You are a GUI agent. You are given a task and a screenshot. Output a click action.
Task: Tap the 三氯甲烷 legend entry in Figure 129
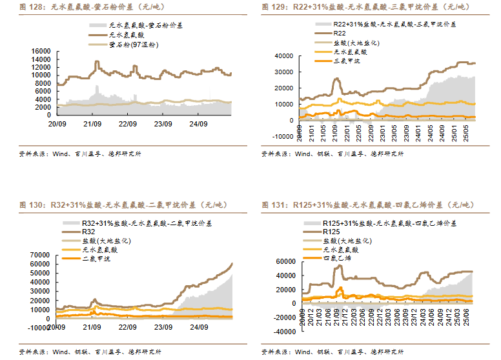pyautogui.click(x=347, y=61)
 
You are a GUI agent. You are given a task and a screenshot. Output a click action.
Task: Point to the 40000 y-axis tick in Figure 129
pyautogui.click(x=284, y=56)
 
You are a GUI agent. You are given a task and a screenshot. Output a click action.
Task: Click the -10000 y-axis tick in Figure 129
pyautogui.click(x=282, y=136)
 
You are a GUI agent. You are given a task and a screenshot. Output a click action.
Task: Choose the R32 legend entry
pyautogui.click(x=88, y=232)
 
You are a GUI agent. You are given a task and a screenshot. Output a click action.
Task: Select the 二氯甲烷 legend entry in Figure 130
pyautogui.click(x=96, y=259)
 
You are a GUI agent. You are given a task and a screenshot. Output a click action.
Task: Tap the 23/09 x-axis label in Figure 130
pyautogui.click(x=163, y=326)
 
